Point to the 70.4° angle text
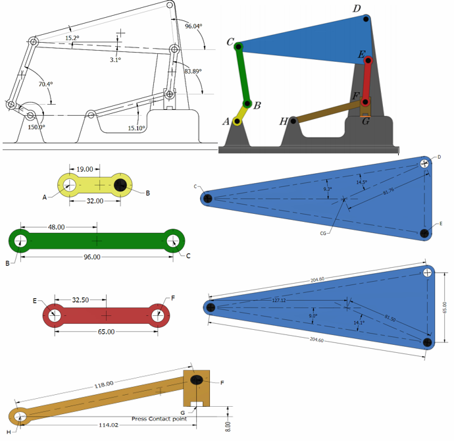tap(45, 84)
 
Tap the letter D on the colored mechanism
tap(357, 9)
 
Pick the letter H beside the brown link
tap(284, 121)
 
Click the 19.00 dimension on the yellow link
tap(84, 169)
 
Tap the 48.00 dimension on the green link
tap(56, 227)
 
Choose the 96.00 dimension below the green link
tap(91, 257)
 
